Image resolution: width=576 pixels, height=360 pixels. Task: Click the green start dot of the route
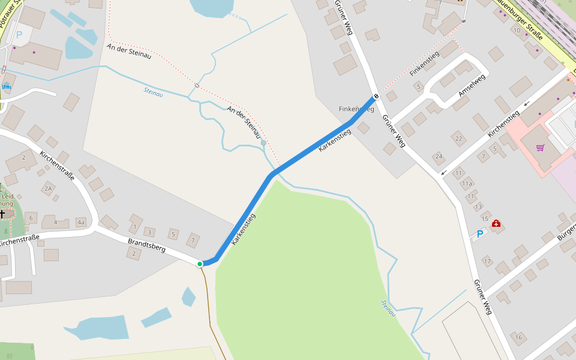[200, 263]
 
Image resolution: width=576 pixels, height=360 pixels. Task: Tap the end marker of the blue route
[376, 96]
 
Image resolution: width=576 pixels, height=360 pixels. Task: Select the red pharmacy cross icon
[496, 224]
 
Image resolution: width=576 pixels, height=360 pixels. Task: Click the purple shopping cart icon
[540, 147]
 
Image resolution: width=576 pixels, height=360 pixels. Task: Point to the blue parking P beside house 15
[479, 233]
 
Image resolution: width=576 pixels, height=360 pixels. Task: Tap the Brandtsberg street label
[146, 245]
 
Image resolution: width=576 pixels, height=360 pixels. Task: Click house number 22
[459, 139]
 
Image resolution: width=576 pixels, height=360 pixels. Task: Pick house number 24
[439, 157]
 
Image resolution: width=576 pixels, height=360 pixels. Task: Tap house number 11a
[467, 184]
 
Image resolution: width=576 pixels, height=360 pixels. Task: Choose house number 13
[478, 206]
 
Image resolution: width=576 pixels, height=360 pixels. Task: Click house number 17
[487, 262]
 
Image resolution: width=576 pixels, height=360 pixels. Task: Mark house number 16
[519, 338]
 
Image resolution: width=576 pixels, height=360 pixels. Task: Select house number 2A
[49, 188]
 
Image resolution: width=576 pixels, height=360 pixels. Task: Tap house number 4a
[81, 223]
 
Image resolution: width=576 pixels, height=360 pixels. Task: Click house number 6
[31, 217]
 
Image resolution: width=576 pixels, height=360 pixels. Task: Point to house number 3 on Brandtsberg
[149, 232]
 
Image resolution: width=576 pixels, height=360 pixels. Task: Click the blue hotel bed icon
[6, 87]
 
